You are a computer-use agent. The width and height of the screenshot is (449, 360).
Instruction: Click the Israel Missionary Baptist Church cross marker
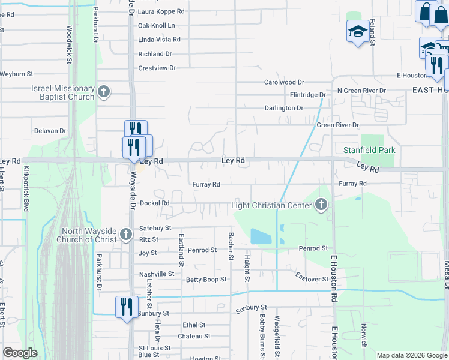pyautogui.click(x=104, y=92)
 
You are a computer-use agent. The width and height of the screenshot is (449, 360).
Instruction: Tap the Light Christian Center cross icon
pyautogui.click(x=321, y=206)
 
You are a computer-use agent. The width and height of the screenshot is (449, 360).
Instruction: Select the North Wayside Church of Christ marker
pyautogui.click(x=125, y=235)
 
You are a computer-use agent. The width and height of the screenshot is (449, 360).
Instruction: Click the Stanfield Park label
pyautogui.click(x=369, y=150)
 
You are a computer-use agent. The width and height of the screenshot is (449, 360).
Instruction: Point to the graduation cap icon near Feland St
pyautogui.click(x=358, y=31)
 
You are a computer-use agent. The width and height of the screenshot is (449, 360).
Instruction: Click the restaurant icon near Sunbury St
pyautogui.click(x=125, y=305)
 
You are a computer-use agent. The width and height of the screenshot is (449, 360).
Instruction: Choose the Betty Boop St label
pyautogui.click(x=206, y=280)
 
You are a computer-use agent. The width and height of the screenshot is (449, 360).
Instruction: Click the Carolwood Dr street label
pyautogui.click(x=285, y=82)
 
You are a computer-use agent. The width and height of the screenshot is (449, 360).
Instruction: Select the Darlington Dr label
pyautogui.click(x=284, y=108)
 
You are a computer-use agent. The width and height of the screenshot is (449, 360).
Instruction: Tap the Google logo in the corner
pyautogui.click(x=20, y=353)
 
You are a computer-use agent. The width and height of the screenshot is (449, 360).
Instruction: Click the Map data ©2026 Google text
pyautogui.click(x=412, y=355)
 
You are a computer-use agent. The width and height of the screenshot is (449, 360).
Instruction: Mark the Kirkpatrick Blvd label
pyautogui.click(x=26, y=189)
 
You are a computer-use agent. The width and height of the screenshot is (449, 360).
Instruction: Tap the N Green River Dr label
pyautogui.click(x=361, y=91)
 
